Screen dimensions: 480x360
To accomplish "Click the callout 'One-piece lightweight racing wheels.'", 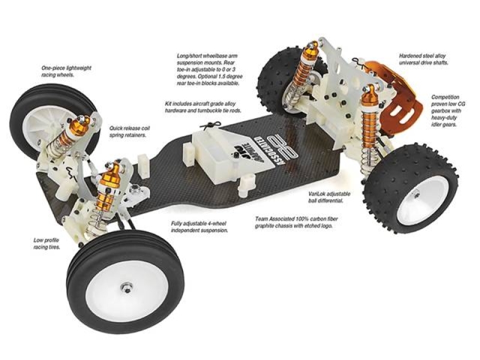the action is click(x=67, y=71).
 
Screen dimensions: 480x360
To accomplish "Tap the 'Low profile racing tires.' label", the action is click(x=47, y=244).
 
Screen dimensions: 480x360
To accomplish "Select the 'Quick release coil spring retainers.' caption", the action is click(x=130, y=131).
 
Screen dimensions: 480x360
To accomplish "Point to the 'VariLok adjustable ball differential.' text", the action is click(x=329, y=197).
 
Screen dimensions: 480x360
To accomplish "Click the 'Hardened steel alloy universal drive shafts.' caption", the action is click(x=424, y=59).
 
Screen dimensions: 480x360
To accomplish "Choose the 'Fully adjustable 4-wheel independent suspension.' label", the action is click(x=199, y=227).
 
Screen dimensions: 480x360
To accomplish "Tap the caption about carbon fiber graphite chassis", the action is click(x=296, y=223).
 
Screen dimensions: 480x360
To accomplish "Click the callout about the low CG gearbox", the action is click(x=448, y=111).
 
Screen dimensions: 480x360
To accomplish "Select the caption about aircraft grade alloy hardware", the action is click(x=203, y=107).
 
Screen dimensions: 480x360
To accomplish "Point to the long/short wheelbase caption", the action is click(x=209, y=70).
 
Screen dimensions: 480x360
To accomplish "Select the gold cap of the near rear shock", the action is click(x=368, y=95).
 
